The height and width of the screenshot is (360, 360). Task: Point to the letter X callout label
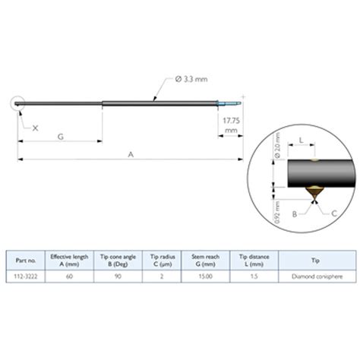pos(35,129)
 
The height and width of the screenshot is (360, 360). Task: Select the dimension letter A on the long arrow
pos(131,154)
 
